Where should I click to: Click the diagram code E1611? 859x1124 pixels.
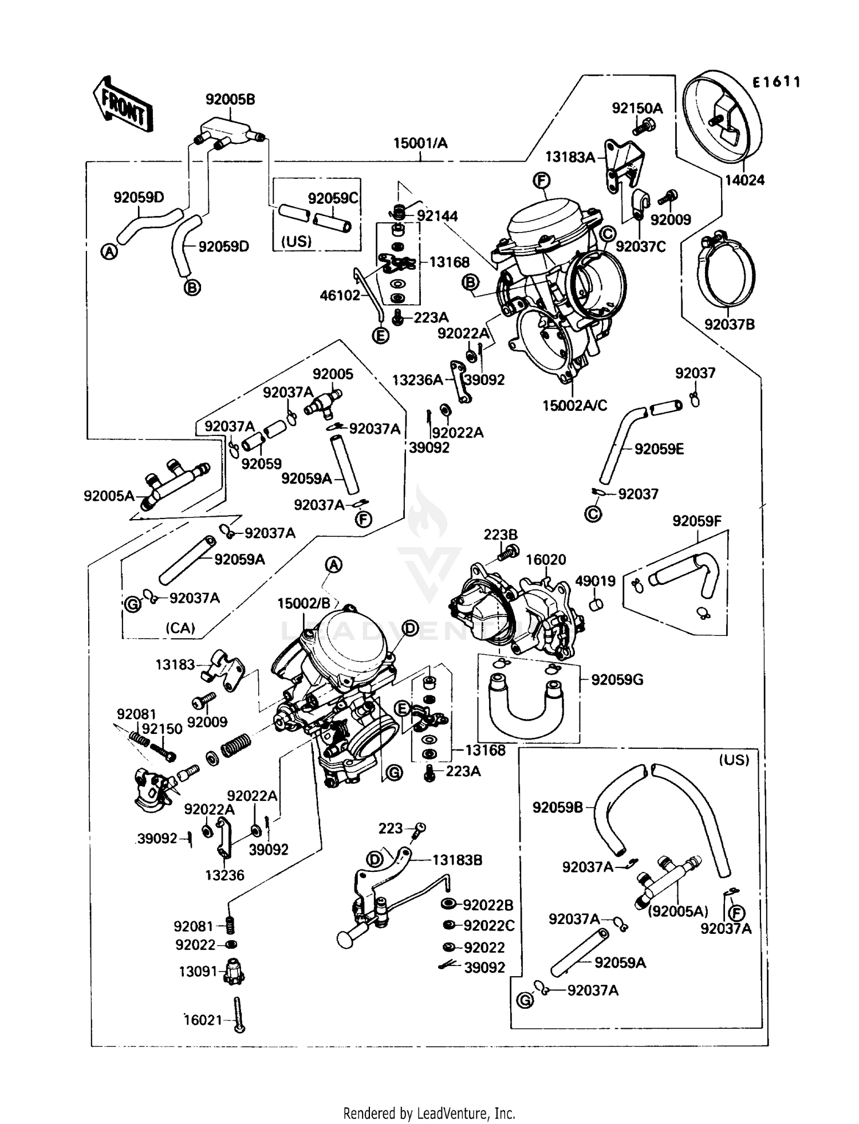[776, 82]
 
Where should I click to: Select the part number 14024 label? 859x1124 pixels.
[744, 180]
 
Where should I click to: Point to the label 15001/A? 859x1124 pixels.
[420, 143]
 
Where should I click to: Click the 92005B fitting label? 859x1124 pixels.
[230, 99]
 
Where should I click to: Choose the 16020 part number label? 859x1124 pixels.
[546, 560]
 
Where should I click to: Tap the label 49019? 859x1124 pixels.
[596, 581]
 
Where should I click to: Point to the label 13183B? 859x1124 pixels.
[457, 860]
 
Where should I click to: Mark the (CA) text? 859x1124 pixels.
[180, 628]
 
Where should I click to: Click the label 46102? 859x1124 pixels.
[340, 295]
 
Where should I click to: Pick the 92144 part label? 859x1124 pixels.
[438, 216]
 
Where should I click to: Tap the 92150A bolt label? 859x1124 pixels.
[637, 108]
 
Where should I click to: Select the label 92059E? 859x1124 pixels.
[659, 449]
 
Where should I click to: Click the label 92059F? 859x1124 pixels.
[697, 521]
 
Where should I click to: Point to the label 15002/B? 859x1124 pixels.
[304, 603]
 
